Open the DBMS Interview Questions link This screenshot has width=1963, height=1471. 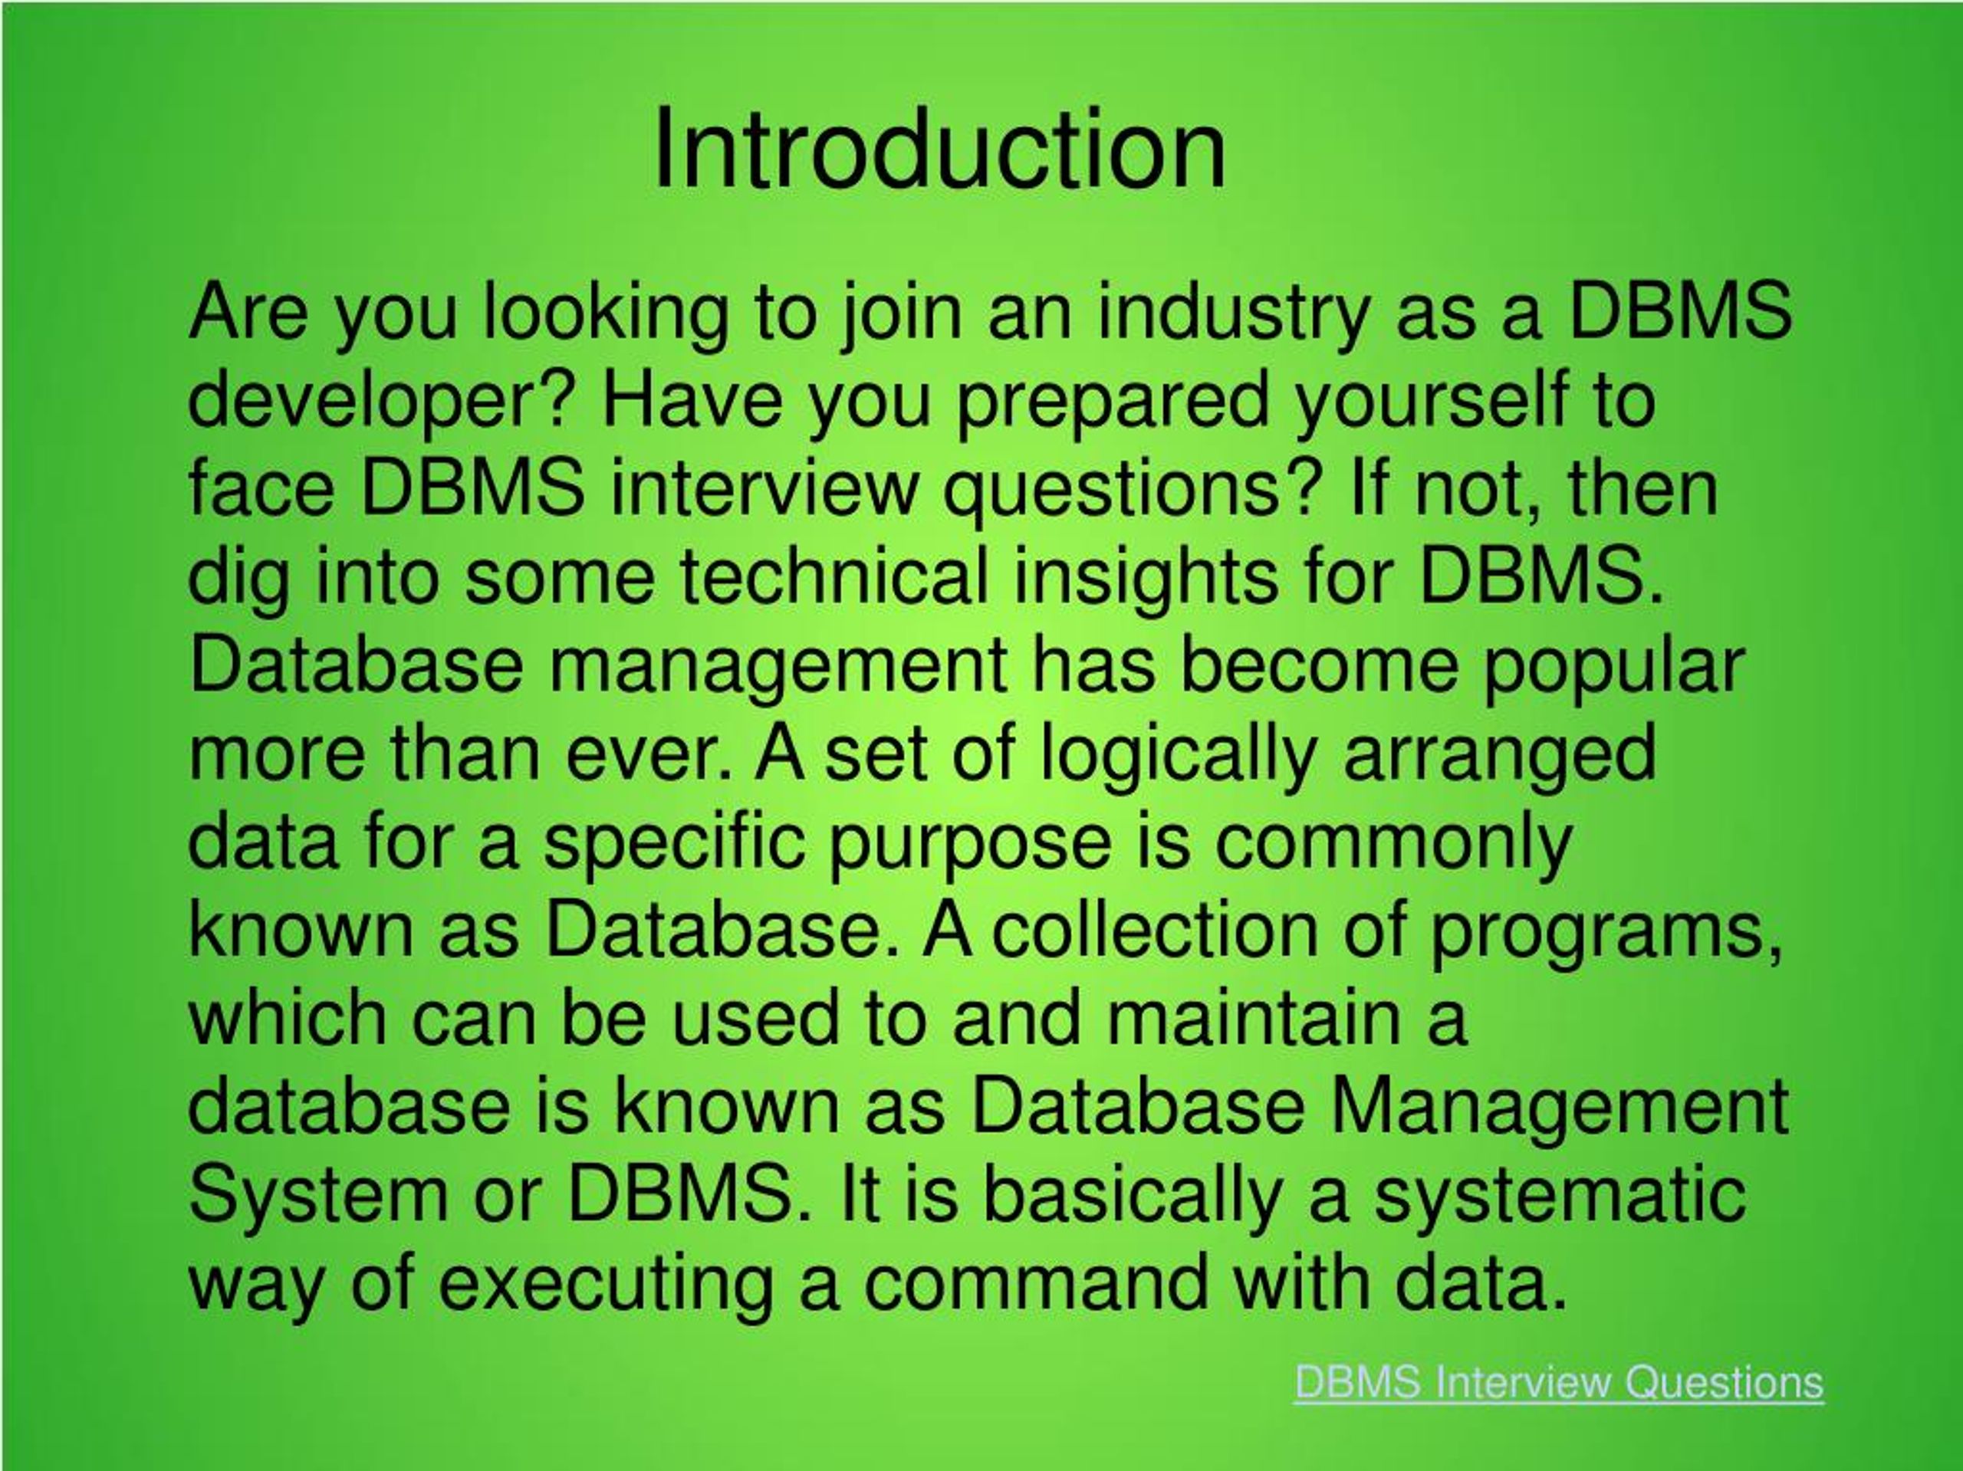(1558, 1381)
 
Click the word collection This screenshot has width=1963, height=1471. (1155, 930)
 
